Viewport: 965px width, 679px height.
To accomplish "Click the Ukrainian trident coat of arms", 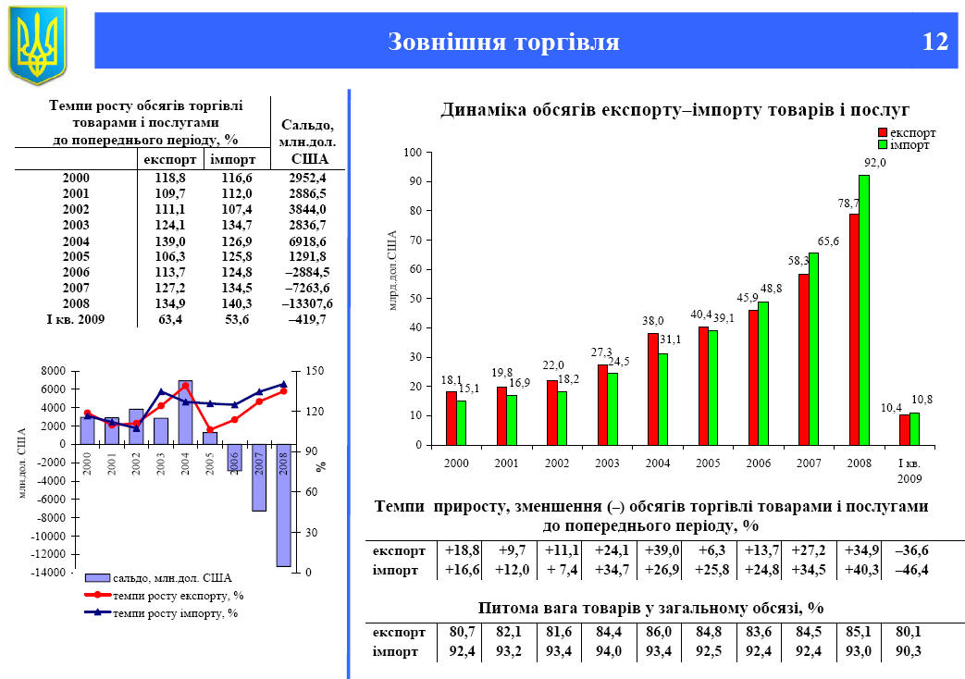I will pyautogui.click(x=38, y=43).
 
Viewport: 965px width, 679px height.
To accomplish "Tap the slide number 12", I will pyautogui.click(x=934, y=43).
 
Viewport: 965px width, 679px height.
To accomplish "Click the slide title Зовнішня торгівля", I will pyautogui.click(x=503, y=43).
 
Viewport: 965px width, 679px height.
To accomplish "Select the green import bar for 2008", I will pyautogui.click(x=864, y=310).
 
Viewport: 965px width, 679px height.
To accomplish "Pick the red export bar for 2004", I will pyautogui.click(x=653, y=389).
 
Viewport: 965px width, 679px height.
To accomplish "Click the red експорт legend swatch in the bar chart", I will pyautogui.click(x=882, y=133).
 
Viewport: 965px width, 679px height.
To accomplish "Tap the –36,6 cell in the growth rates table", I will pyautogui.click(x=911, y=550).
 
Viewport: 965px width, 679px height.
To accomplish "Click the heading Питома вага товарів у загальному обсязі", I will pyautogui.click(x=651, y=608).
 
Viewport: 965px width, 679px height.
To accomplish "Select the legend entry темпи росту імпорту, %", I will pyautogui.click(x=175, y=612).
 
